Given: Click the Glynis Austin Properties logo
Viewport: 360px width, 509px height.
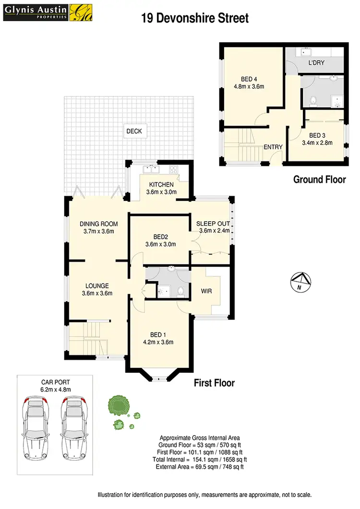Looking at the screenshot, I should click(x=42, y=12).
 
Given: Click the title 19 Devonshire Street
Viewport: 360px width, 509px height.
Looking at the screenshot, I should click(x=195, y=18).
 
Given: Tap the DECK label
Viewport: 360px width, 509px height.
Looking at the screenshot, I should click(x=134, y=131).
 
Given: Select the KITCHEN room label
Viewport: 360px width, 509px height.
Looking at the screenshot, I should click(x=161, y=185).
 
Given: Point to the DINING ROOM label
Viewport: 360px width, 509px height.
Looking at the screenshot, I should click(x=98, y=224).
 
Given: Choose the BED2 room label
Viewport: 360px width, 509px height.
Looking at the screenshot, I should click(x=160, y=237).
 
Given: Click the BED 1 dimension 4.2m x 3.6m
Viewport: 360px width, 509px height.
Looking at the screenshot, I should click(x=158, y=342).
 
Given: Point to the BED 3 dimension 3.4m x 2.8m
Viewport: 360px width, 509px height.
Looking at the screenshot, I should click(x=317, y=142).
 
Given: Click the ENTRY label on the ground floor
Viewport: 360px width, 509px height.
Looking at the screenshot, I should click(x=273, y=147).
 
